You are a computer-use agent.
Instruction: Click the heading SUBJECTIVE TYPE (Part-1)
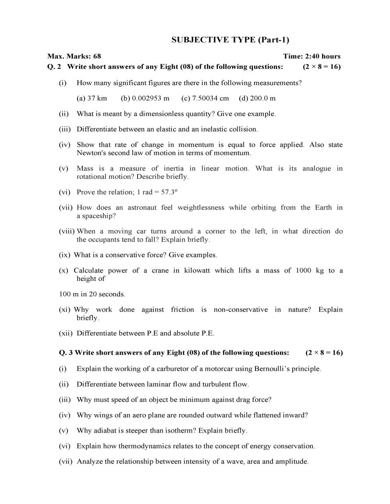(230, 40)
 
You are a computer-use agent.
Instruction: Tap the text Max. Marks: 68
(74, 56)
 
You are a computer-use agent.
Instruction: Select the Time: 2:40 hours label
(312, 56)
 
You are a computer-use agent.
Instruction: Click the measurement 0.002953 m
(145, 98)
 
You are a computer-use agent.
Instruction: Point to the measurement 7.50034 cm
(205, 98)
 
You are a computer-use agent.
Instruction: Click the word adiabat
(105, 430)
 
